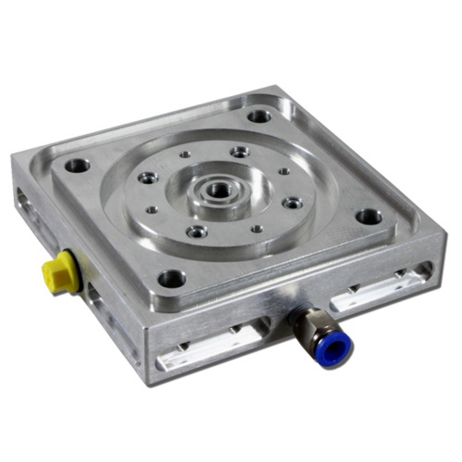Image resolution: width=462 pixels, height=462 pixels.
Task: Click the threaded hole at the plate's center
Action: tap(220, 191)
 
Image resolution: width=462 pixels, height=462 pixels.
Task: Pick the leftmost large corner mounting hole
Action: tap(77, 166)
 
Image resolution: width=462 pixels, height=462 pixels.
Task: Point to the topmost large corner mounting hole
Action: tap(259, 116)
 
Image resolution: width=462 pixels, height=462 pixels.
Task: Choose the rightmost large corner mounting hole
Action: tap(369, 217)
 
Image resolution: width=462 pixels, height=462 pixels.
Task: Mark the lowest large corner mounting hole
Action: tap(171, 279)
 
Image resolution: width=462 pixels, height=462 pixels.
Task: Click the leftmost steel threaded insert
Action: tap(148, 178)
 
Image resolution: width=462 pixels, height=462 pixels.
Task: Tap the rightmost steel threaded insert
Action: tap(292, 203)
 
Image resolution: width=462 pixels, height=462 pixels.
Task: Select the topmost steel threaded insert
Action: tap(240, 152)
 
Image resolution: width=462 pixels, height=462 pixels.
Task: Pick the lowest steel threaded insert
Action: tap(197, 232)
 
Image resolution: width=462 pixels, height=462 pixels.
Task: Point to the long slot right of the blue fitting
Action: tap(379, 289)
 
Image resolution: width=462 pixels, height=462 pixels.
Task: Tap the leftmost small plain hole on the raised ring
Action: tap(152, 210)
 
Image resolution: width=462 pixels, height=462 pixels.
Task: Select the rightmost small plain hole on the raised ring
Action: tap(284, 171)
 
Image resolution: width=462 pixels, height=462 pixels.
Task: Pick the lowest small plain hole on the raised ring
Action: tap(257, 229)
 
